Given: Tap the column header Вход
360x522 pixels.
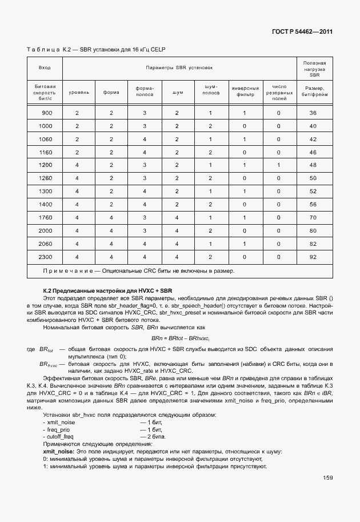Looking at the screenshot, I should [x=45, y=68].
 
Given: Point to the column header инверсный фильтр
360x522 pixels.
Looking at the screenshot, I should [x=245, y=91].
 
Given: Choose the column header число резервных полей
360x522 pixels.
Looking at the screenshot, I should [x=278, y=91].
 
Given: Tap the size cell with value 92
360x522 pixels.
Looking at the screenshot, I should [x=313, y=257].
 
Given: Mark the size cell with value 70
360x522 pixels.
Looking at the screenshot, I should [x=313, y=217].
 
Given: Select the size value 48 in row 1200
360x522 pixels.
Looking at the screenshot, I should [x=313, y=165].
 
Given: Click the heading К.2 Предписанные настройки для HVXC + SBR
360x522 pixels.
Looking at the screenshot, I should [x=107, y=290].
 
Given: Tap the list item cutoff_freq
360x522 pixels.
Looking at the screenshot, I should [x=59, y=437].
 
